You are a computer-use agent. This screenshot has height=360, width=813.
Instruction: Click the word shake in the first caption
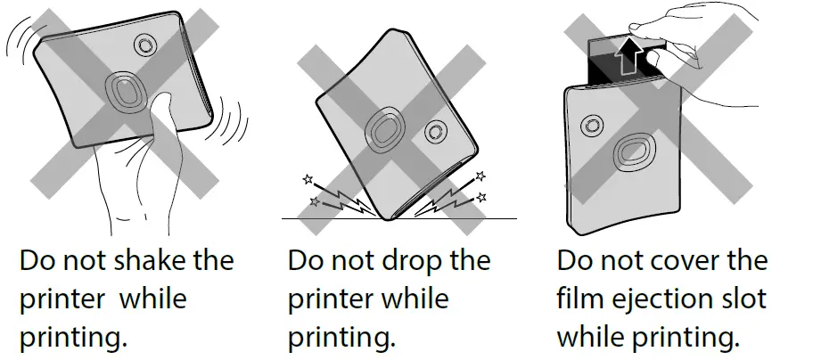(x=152, y=262)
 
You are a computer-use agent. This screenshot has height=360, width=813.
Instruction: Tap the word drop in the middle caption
(x=417, y=262)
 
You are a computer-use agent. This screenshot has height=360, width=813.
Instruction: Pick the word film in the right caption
(x=578, y=299)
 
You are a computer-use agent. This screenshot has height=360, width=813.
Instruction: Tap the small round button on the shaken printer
(x=144, y=45)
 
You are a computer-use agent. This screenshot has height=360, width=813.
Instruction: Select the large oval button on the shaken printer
(x=125, y=91)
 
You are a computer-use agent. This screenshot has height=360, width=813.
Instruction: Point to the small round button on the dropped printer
(x=435, y=132)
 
